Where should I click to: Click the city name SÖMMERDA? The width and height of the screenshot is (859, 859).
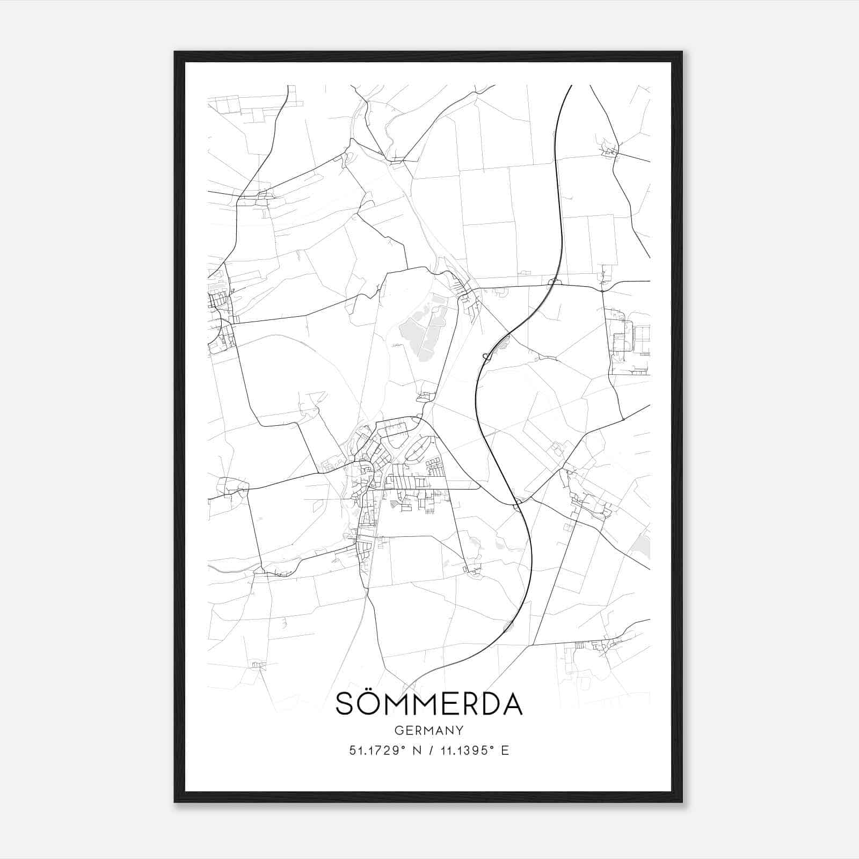tap(429, 704)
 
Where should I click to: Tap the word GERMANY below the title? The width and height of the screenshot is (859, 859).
tap(429, 731)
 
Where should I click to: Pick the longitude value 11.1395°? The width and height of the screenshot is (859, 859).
tap(464, 751)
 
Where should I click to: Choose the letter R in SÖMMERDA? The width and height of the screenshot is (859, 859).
tap(465, 704)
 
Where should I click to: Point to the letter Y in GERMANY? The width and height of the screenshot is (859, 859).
tap(460, 731)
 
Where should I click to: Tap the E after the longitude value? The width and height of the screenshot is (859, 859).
tap(505, 751)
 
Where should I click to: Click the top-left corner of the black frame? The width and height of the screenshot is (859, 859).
tap(176, 53)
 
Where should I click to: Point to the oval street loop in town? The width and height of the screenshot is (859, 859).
tap(418, 448)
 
